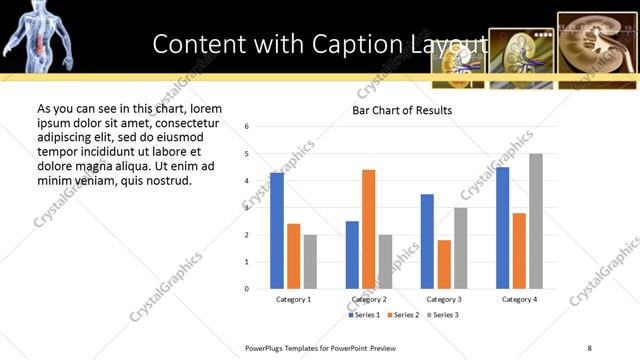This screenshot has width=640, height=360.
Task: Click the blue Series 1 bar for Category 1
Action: click(x=277, y=231)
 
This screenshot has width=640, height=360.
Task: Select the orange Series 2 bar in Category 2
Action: click(x=369, y=229)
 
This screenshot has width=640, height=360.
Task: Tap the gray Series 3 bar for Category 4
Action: click(x=536, y=221)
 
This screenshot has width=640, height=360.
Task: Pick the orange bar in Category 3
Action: click(x=444, y=264)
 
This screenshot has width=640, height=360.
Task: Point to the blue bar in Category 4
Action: click(x=502, y=228)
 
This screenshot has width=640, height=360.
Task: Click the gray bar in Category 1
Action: click(x=310, y=262)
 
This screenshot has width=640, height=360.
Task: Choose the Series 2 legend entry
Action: click(x=403, y=315)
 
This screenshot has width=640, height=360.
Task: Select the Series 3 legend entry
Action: click(x=443, y=315)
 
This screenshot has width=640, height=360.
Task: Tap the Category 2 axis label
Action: click(x=369, y=299)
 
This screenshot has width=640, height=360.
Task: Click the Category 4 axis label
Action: click(x=519, y=299)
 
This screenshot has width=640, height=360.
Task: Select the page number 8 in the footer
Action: click(x=590, y=347)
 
